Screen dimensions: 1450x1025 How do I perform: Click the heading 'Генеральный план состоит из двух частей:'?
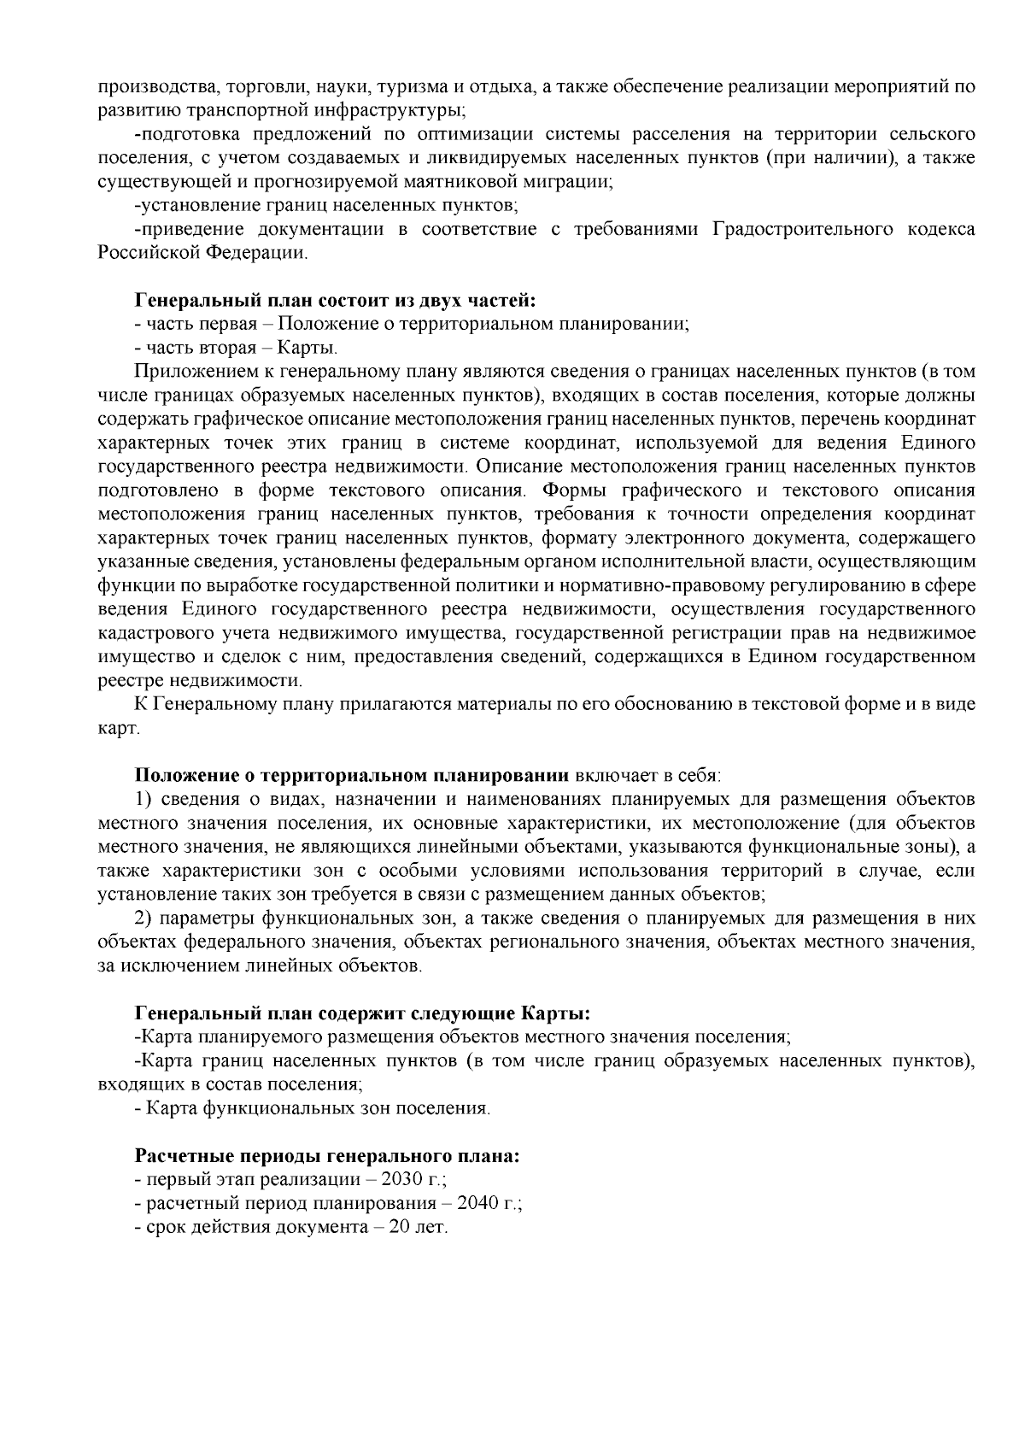(x=336, y=301)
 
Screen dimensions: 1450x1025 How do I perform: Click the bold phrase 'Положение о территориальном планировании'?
(x=352, y=776)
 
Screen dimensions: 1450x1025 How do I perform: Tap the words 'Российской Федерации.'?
(x=202, y=253)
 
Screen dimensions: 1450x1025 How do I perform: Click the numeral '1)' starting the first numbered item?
(x=144, y=800)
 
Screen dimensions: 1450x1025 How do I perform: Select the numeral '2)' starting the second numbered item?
(x=144, y=919)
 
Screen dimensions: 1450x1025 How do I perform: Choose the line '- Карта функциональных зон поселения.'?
(x=313, y=1109)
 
